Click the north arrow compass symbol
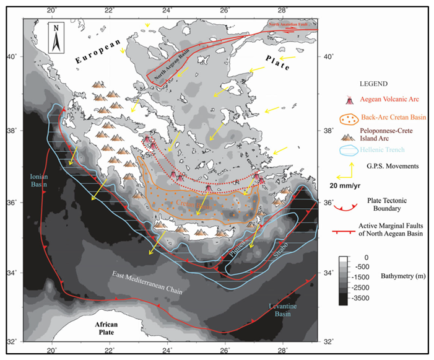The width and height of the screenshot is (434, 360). (x=56, y=37)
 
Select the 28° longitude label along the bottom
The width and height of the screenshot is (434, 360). (x=282, y=348)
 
